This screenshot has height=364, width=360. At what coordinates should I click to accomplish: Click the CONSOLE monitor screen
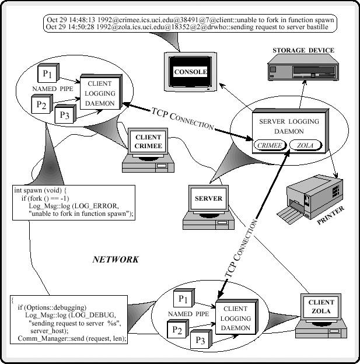coord(190,72)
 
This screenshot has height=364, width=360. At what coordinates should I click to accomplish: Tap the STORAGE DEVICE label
coord(303,51)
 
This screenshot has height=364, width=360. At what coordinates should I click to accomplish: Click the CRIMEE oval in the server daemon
coord(268,144)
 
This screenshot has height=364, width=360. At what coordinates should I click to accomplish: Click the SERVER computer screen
coord(208,198)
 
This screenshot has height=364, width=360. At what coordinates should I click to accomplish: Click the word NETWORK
coord(116,260)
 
